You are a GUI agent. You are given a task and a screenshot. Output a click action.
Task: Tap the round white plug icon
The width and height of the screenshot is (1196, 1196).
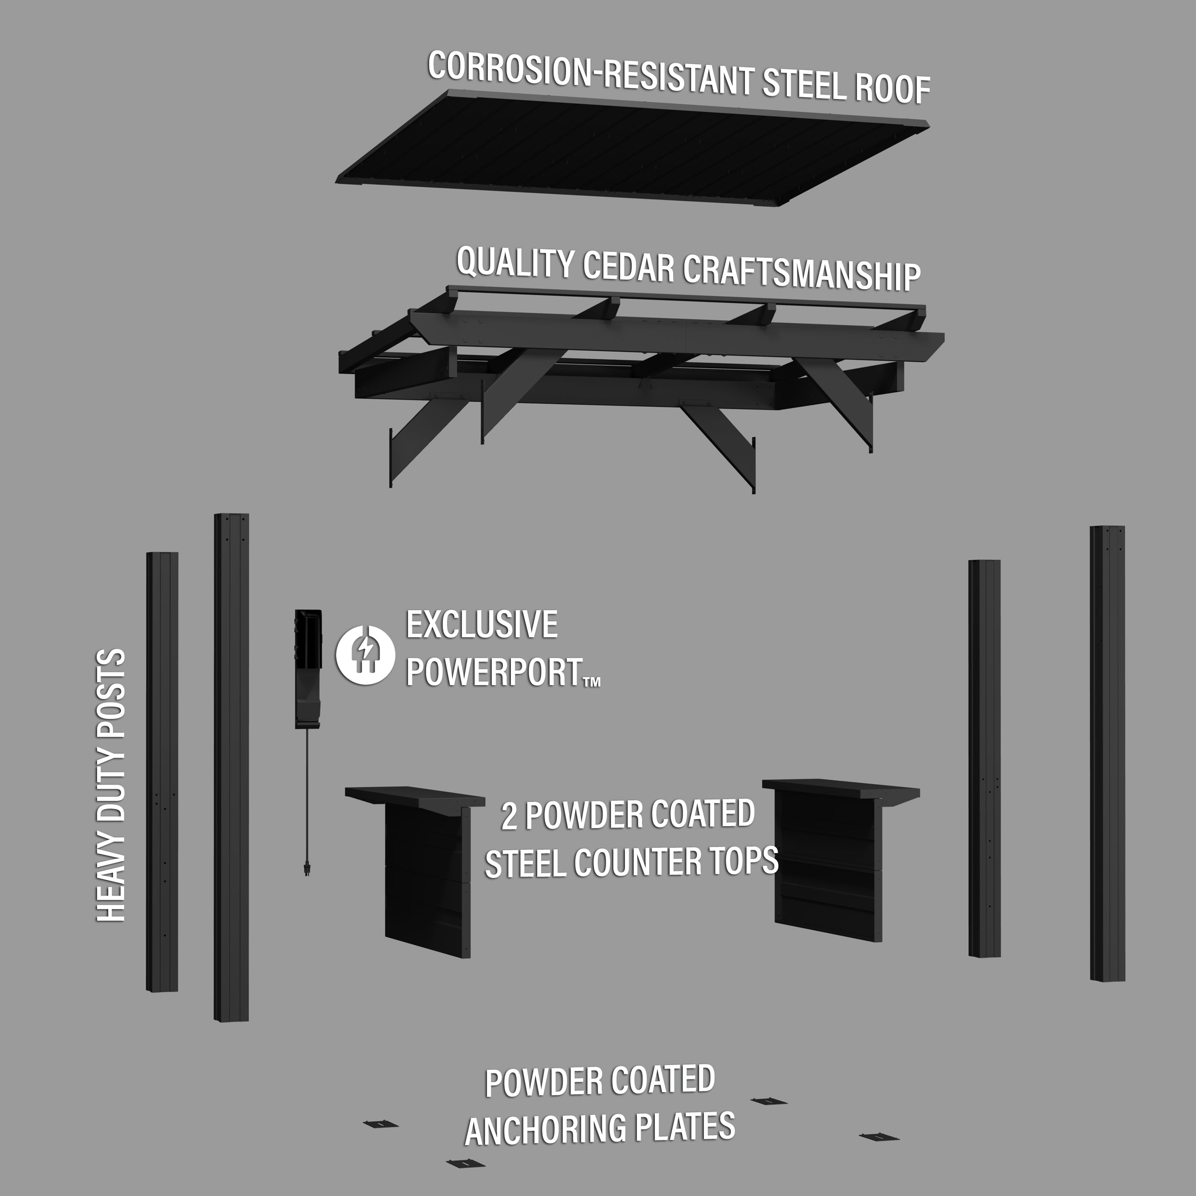[365, 654]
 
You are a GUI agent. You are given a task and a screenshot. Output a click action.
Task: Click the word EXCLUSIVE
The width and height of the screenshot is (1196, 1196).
[482, 625]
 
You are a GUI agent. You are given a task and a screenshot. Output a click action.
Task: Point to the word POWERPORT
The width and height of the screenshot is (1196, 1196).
[493, 672]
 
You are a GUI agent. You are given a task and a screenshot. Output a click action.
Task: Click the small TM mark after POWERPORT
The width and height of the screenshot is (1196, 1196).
[592, 682]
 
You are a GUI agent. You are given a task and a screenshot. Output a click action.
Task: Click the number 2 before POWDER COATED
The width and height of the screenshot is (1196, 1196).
[509, 817]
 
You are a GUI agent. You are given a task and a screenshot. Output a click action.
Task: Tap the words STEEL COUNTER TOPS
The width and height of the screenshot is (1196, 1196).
[631, 862]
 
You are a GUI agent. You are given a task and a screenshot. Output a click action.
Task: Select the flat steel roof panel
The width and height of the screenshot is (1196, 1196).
[631, 152]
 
